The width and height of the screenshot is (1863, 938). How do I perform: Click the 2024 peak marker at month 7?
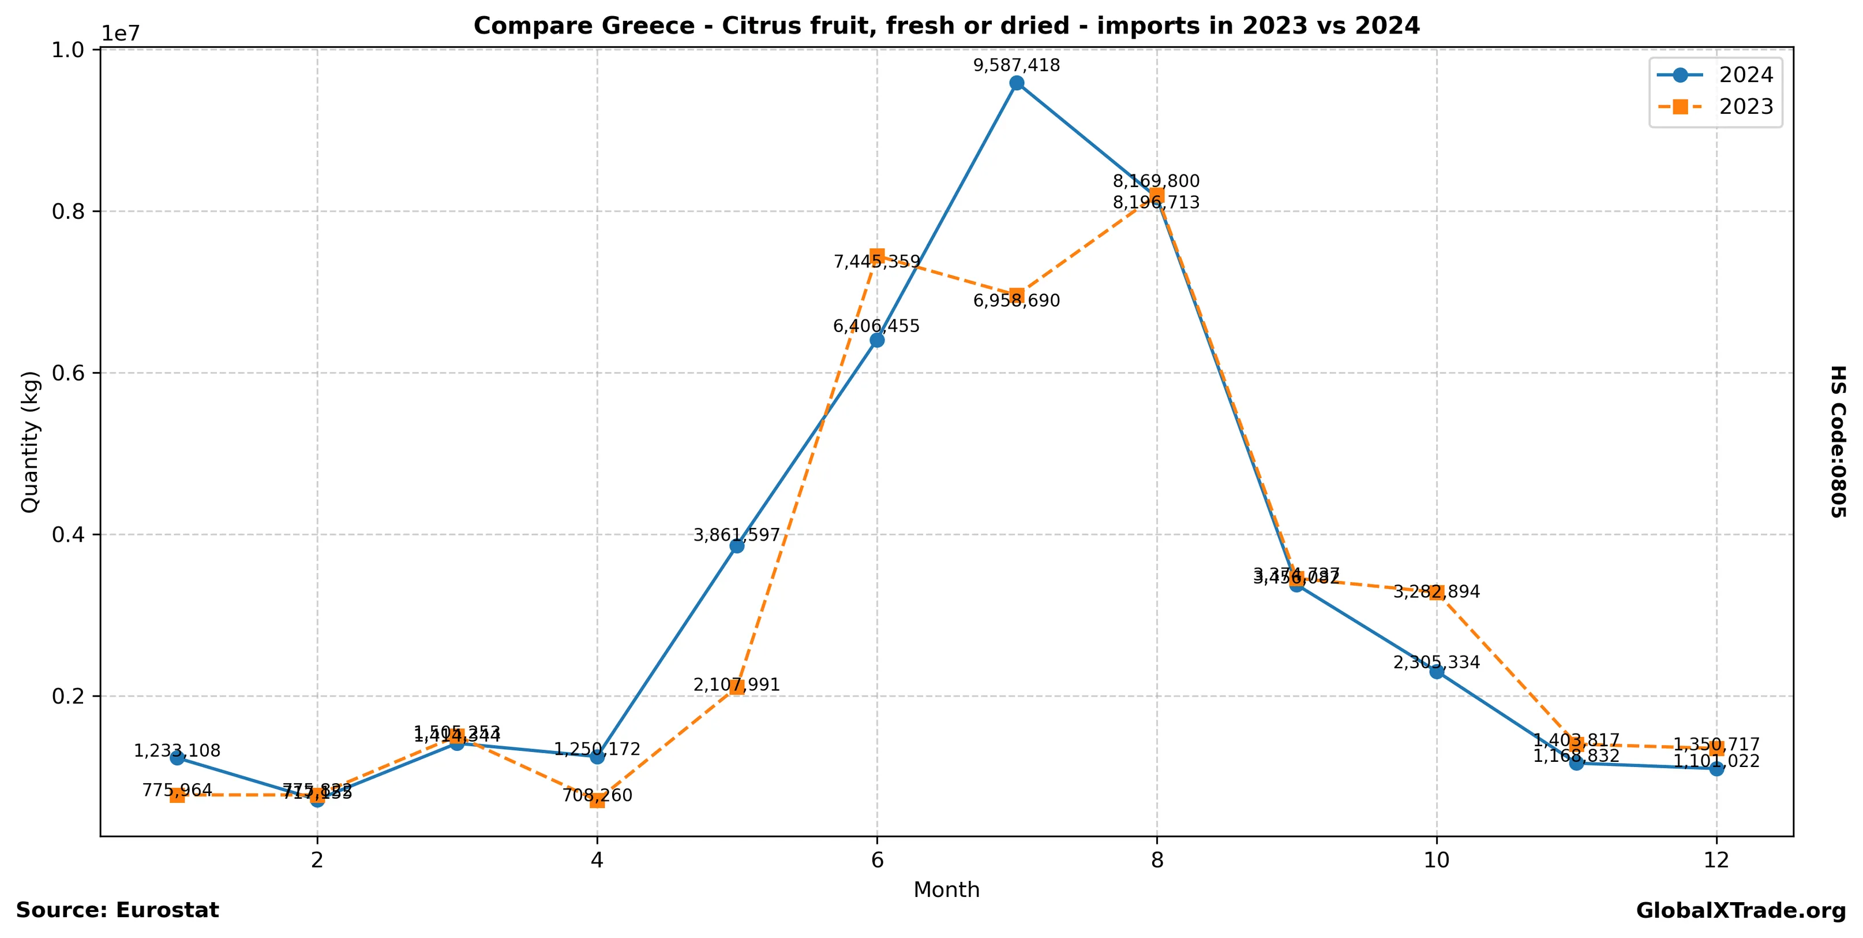(x=1017, y=83)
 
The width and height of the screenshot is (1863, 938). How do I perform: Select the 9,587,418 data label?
(x=1017, y=66)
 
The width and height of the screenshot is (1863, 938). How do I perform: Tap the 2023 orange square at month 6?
(x=877, y=255)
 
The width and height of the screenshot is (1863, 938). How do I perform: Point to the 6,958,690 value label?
(x=1017, y=301)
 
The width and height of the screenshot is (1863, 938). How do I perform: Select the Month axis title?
(x=947, y=890)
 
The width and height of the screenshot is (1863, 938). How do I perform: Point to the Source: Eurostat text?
(x=117, y=910)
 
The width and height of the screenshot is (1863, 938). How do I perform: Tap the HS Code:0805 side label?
(x=1838, y=441)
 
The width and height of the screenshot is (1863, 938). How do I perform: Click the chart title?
(x=947, y=26)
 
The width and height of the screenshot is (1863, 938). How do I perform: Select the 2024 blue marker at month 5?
(x=737, y=546)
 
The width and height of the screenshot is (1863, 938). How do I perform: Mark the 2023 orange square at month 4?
(x=597, y=801)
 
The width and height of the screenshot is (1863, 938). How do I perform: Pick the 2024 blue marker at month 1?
(x=177, y=758)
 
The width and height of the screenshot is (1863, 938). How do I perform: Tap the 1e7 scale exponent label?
(x=120, y=34)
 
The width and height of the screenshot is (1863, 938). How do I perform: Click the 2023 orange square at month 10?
(x=1437, y=593)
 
